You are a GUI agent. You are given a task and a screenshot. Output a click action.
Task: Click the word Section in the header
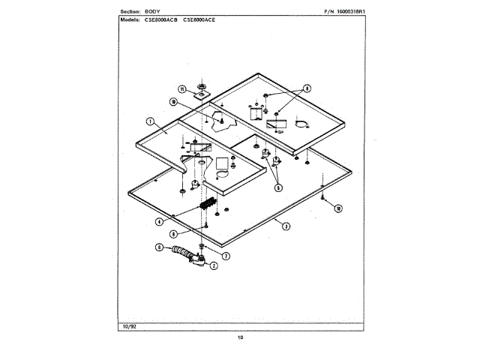click(131, 13)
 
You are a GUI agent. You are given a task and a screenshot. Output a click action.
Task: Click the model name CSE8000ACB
click(162, 19)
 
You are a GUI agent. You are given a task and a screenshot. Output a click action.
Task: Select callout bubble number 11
click(181, 88)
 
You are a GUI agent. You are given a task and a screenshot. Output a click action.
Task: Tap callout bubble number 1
click(149, 121)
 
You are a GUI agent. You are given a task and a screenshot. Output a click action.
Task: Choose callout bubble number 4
click(160, 222)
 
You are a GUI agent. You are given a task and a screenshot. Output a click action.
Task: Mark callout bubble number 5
click(278, 188)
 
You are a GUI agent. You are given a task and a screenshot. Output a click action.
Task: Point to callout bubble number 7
click(226, 256)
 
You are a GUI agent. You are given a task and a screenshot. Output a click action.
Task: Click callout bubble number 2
click(214, 265)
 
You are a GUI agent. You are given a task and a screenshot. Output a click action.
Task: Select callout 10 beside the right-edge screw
click(338, 208)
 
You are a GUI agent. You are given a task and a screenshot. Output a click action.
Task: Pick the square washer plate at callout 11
click(202, 93)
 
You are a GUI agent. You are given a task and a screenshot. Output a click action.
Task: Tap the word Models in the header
click(132, 19)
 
